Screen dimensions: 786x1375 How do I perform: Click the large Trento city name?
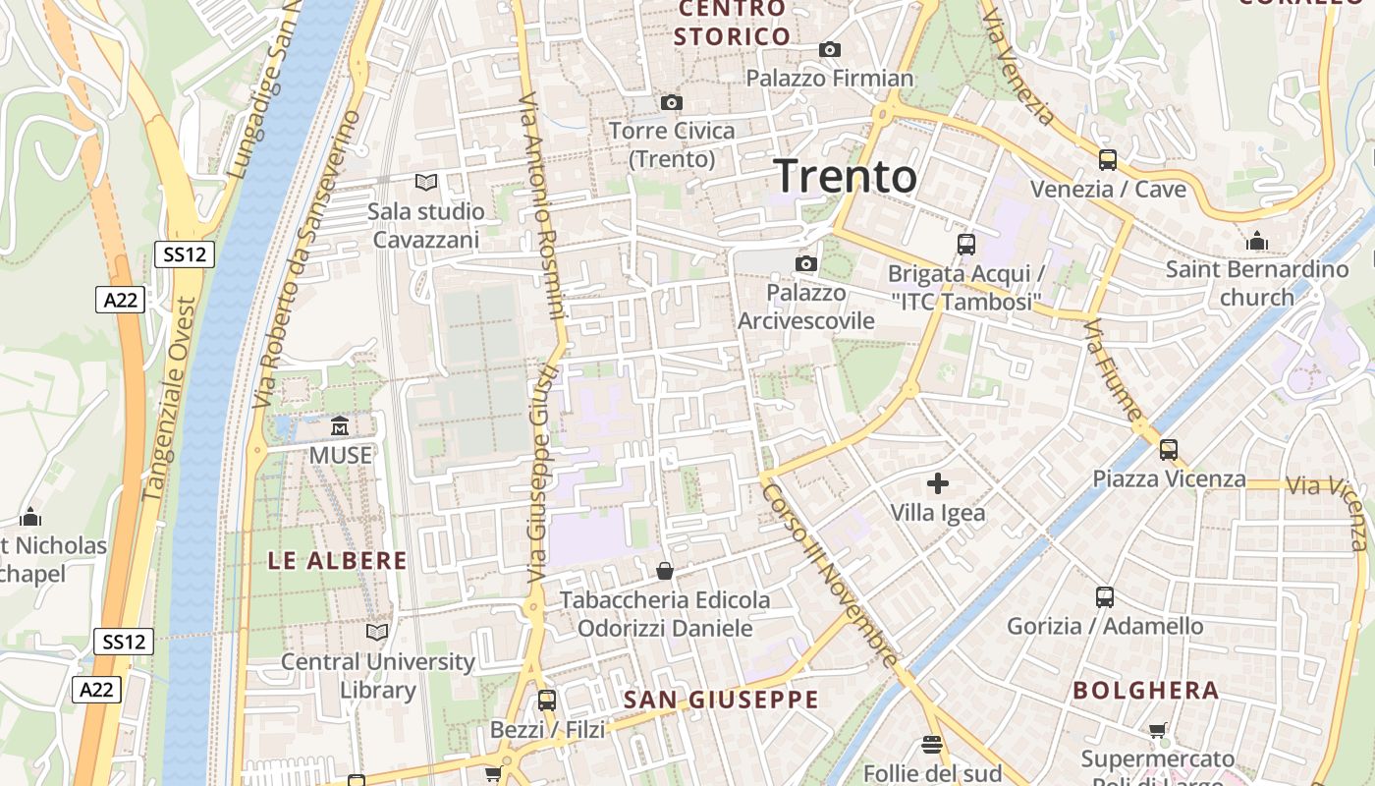(846, 177)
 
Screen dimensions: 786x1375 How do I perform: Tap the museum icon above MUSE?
(340, 426)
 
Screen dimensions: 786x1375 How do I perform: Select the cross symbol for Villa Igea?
(938, 482)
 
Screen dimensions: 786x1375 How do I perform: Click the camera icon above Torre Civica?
(672, 102)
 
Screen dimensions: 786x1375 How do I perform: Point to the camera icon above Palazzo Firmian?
(830, 49)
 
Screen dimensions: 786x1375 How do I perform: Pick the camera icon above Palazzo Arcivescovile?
(806, 263)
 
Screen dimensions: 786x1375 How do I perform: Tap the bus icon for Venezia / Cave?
(1108, 159)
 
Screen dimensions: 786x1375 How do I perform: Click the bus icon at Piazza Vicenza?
(1169, 450)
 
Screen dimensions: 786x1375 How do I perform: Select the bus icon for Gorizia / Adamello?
(1105, 596)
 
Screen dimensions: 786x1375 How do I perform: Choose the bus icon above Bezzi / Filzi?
(547, 701)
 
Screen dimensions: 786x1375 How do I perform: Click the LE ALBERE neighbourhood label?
(338, 561)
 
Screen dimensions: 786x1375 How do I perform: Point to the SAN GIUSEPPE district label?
(721, 700)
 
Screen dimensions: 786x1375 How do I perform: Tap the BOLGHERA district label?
(1146, 690)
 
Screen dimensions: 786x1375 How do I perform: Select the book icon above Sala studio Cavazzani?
(426, 182)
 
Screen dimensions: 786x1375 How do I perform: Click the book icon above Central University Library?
(377, 632)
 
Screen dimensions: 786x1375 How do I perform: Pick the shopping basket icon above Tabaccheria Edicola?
(665, 571)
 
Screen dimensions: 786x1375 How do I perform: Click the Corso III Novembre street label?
(830, 574)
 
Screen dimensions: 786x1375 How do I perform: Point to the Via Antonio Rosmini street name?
(541, 206)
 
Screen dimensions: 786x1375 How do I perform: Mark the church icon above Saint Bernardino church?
(1257, 241)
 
